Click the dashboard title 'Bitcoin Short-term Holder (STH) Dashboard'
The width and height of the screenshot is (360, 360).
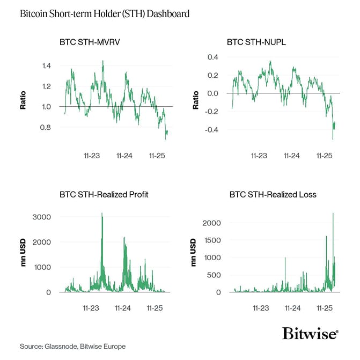104,13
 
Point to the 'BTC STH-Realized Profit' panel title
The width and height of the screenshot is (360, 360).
104,194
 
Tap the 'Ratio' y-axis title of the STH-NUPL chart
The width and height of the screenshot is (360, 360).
196,102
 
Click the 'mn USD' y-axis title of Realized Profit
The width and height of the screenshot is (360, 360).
24,255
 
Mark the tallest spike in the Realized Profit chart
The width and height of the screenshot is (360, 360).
101,214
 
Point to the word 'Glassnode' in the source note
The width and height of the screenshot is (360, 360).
59,347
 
